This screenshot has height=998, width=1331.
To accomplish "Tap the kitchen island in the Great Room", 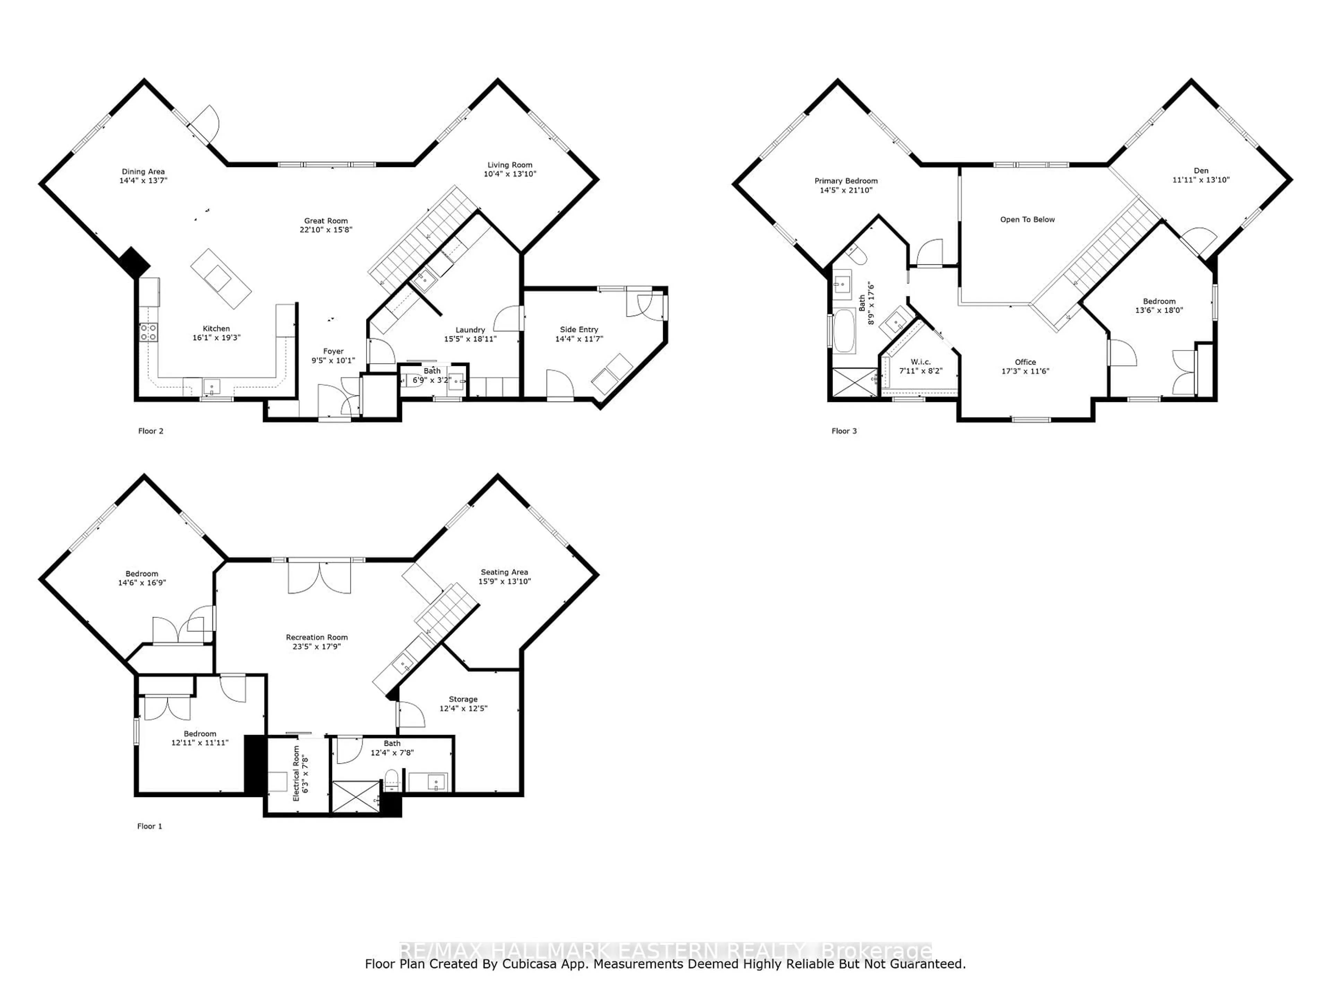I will click(x=221, y=279).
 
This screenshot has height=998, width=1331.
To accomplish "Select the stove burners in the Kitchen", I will click(x=149, y=332).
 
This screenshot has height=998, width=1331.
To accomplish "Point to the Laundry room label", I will click(x=470, y=330).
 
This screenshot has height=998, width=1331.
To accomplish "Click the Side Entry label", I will click(x=579, y=330).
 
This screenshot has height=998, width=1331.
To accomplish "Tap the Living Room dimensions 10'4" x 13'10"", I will click(x=510, y=174).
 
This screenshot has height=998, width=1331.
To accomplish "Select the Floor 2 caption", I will click(x=150, y=431).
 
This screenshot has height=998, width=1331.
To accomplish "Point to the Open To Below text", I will click(x=1027, y=220).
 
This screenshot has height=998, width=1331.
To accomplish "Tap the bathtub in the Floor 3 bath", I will click(x=844, y=331).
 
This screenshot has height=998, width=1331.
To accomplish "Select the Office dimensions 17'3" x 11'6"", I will click(x=1025, y=371).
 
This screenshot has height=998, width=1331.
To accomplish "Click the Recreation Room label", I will click(x=316, y=637).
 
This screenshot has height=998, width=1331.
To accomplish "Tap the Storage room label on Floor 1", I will click(x=463, y=699).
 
